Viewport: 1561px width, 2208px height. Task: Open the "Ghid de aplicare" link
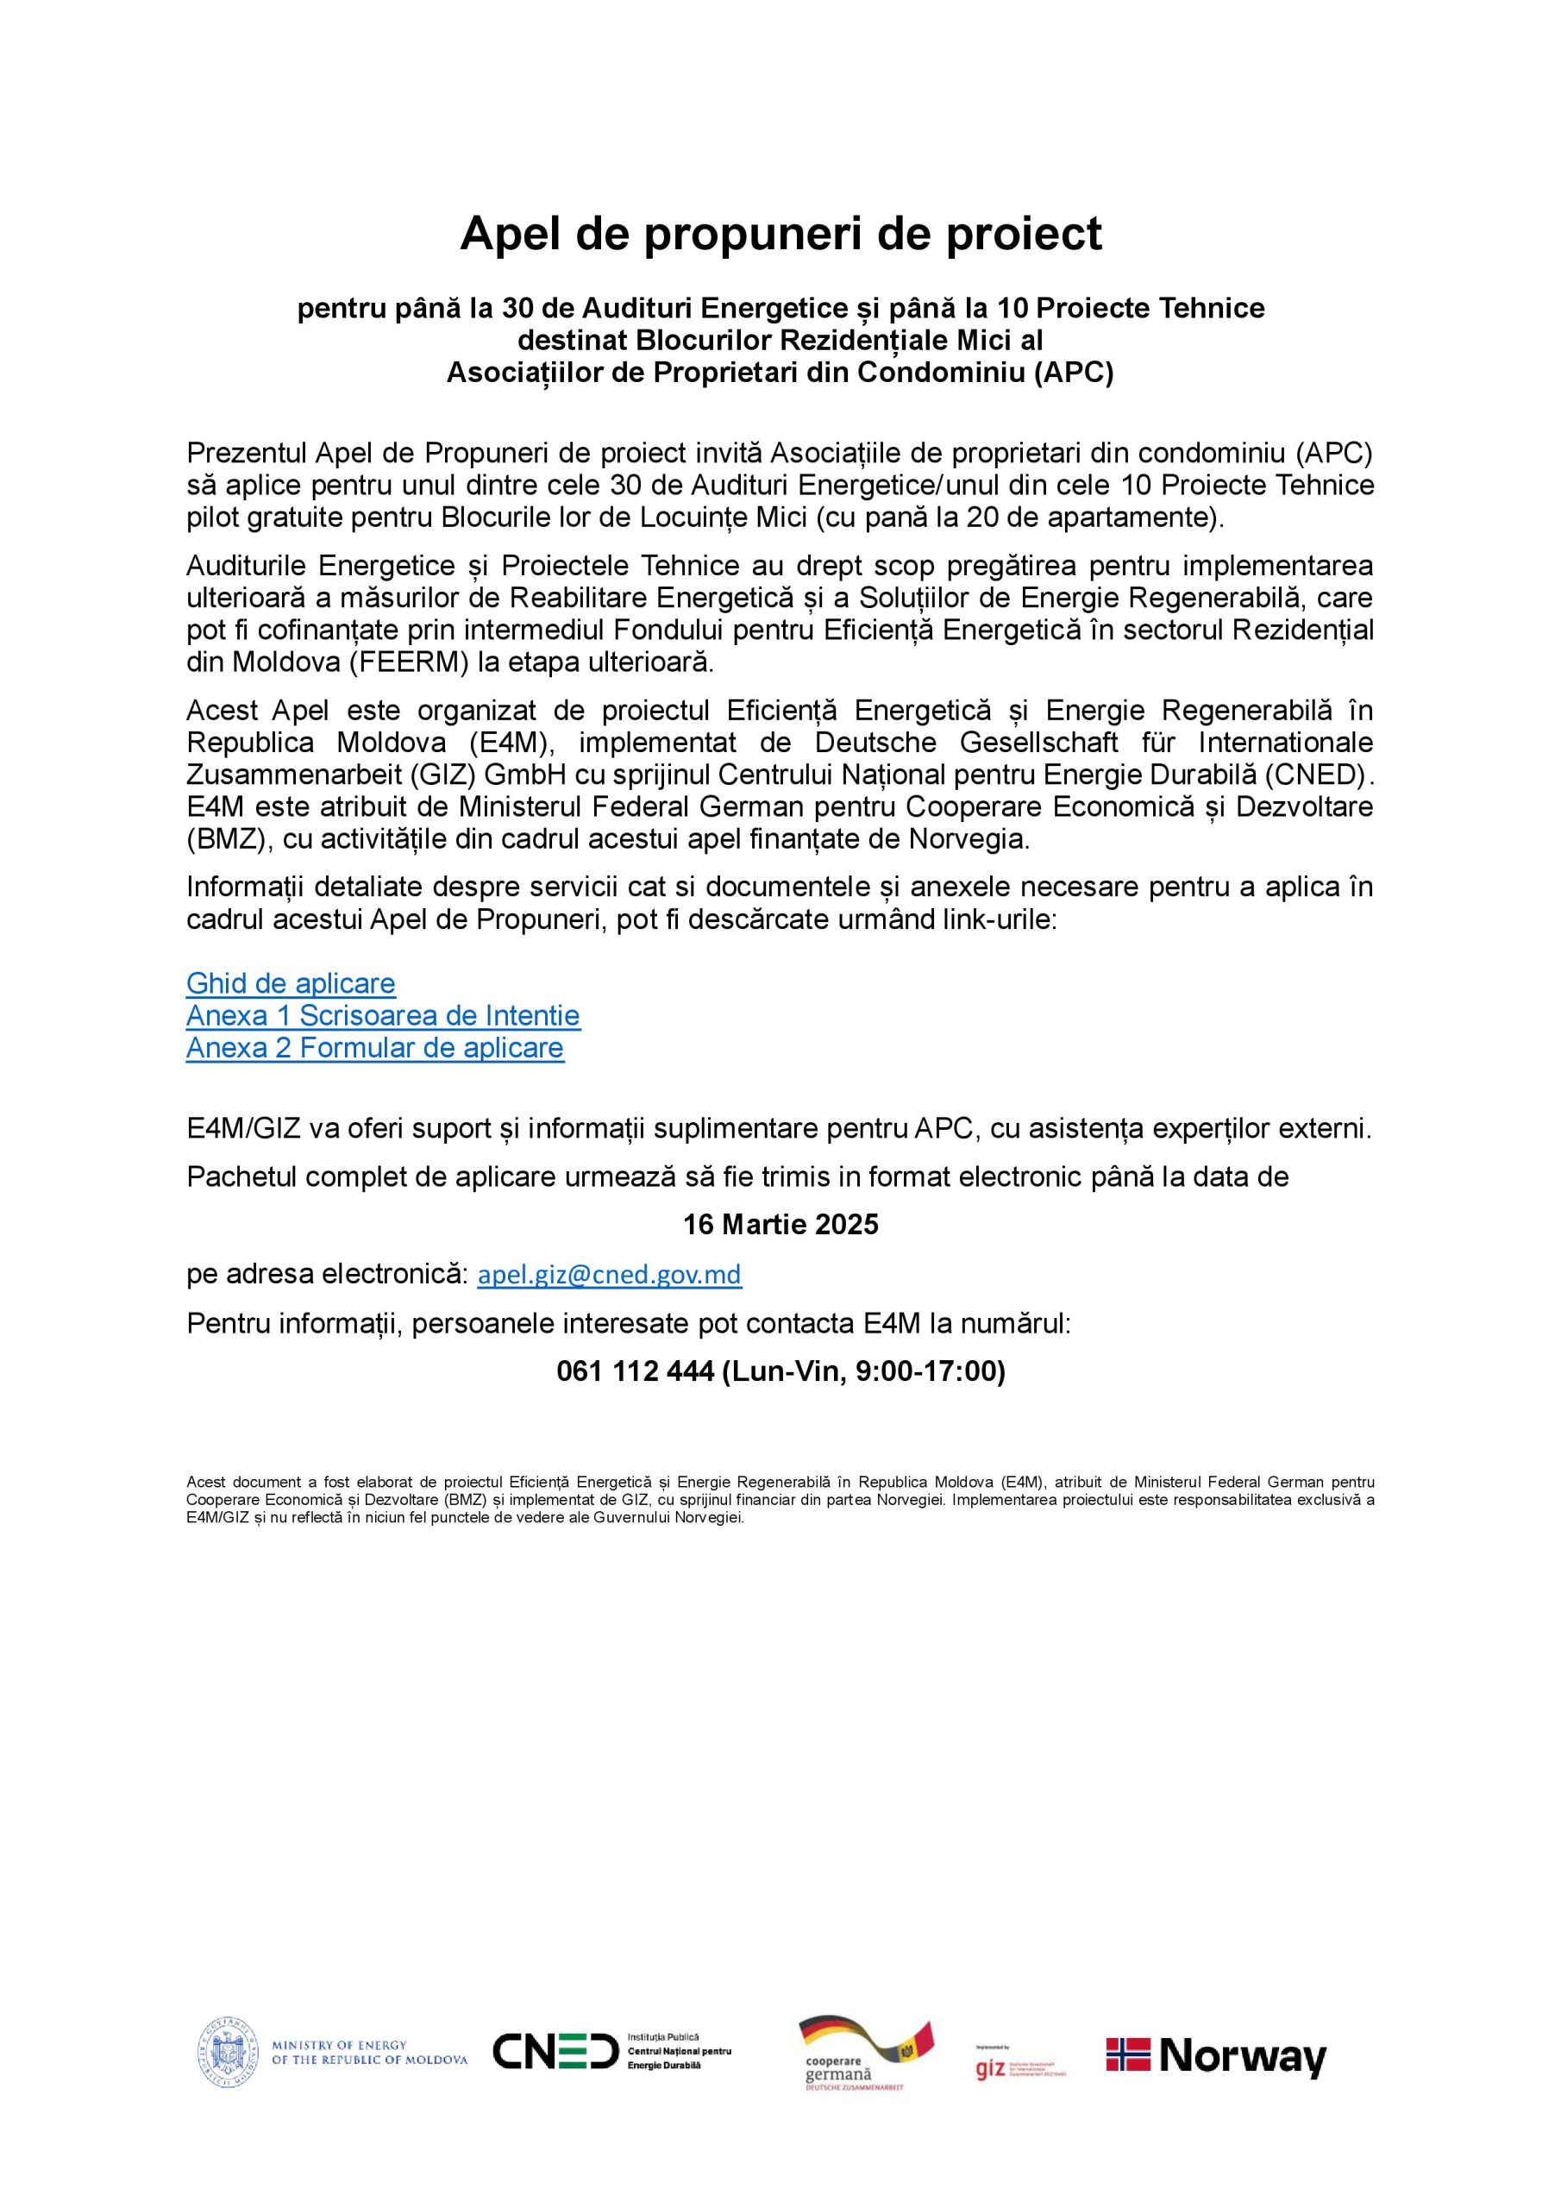coord(291,984)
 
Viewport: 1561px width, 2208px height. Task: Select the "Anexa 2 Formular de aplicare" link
coord(375,1047)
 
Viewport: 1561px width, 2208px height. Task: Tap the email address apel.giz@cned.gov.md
coord(610,1275)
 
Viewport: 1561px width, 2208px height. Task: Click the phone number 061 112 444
coord(635,1371)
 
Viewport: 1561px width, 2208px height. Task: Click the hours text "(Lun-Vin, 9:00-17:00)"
coord(862,1371)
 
